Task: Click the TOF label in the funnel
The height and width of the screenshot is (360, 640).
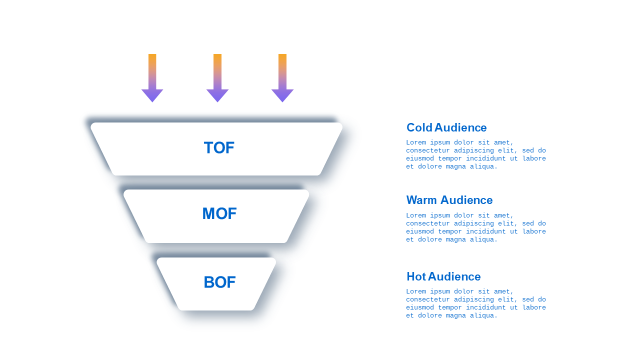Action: coord(219,147)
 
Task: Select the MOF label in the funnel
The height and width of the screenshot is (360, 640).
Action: coord(219,213)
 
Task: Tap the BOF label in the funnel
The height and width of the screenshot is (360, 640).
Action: coord(219,282)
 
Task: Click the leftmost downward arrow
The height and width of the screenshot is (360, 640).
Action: coord(152,77)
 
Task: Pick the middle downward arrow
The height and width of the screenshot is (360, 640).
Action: coord(217,77)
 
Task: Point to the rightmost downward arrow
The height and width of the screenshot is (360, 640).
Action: coord(282,77)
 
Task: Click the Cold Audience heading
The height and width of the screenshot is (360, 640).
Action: coord(446,127)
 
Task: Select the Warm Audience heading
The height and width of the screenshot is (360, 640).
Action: coord(449,200)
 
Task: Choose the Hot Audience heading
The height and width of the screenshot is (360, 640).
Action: coord(443,276)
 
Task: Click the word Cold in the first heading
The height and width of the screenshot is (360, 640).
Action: coord(419,127)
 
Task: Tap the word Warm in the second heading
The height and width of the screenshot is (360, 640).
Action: coord(421,200)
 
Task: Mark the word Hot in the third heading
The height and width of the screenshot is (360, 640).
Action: coord(416,276)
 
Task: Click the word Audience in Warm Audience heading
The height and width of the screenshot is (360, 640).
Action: coord(466,200)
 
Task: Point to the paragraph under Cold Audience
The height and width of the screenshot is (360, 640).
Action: coord(476,154)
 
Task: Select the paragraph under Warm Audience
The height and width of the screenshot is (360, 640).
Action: coord(476,227)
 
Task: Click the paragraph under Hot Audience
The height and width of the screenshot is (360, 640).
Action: coord(476,303)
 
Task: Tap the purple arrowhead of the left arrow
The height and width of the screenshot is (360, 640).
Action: coord(152,95)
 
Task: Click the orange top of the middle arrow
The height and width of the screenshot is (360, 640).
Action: coord(217,60)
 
